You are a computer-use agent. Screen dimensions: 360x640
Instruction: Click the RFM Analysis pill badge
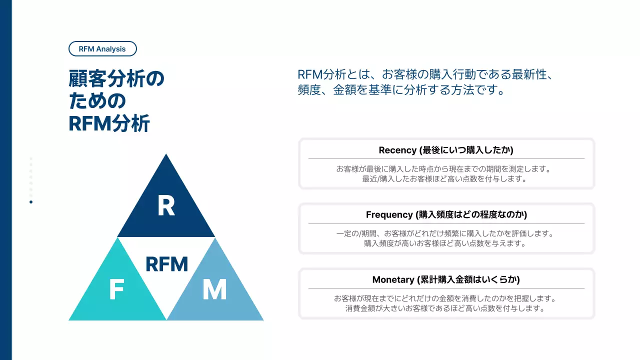click(x=102, y=49)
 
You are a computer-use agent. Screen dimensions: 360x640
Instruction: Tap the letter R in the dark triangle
click(x=166, y=206)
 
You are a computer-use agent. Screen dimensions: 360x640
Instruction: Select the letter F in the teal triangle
click(x=116, y=290)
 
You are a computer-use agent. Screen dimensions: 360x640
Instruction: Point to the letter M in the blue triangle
click(x=214, y=290)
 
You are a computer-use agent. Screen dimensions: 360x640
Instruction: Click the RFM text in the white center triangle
click(x=166, y=264)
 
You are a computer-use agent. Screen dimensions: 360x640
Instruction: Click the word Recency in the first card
click(x=397, y=150)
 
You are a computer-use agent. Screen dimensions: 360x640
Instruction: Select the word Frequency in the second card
click(x=389, y=214)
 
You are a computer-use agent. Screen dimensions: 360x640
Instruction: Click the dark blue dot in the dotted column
click(x=31, y=202)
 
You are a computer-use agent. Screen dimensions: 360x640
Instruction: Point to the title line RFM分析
click(x=109, y=123)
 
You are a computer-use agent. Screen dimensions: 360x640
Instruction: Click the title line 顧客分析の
click(x=116, y=79)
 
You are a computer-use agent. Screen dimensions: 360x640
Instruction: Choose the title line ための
click(x=97, y=101)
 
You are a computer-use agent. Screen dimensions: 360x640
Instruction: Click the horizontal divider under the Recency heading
click(x=446, y=158)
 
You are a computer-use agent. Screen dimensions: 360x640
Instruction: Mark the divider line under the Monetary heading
click(x=446, y=288)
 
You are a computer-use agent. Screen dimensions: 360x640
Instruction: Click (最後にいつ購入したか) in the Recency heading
click(x=467, y=150)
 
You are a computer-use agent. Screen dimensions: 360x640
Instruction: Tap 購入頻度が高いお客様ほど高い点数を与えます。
click(x=445, y=243)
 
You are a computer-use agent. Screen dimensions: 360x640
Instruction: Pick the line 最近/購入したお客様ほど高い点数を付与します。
click(x=445, y=179)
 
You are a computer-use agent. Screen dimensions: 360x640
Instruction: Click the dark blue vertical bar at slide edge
click(x=5, y=180)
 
